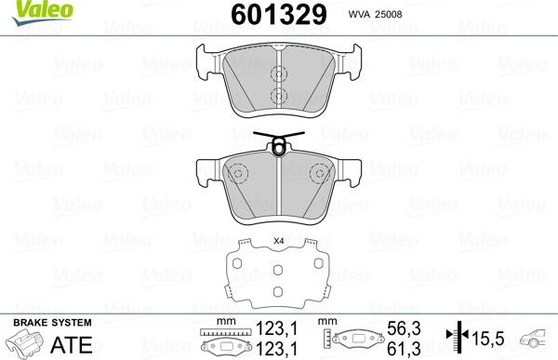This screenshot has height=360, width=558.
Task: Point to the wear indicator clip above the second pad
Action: (x=277, y=145)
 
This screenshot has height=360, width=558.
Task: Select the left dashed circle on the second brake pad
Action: (x=237, y=174)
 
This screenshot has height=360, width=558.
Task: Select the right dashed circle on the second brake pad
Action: (x=318, y=174)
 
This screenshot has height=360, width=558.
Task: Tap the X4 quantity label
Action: (x=278, y=243)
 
